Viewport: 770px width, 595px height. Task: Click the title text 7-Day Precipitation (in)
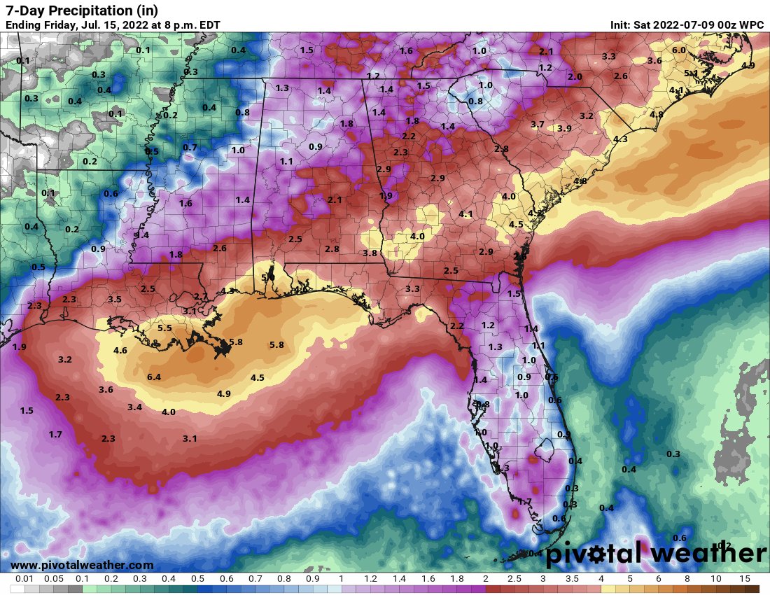(x=82, y=10)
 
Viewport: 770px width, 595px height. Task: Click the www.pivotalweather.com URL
(x=82, y=565)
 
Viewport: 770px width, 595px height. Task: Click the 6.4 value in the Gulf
(x=154, y=377)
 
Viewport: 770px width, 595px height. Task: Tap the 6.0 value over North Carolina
(x=678, y=50)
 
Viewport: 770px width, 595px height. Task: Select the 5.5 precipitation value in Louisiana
(x=165, y=328)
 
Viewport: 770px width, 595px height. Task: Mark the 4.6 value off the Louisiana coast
(x=120, y=351)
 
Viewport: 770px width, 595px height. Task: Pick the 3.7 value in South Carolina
(x=537, y=125)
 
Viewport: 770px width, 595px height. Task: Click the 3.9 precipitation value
(x=564, y=129)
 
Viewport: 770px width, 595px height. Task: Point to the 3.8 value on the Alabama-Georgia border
(x=370, y=253)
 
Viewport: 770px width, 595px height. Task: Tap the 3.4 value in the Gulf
(x=134, y=407)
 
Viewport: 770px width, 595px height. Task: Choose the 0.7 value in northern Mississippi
(x=190, y=148)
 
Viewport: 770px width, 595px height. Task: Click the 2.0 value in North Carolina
(x=575, y=77)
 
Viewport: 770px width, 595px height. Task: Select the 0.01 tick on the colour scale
(x=25, y=579)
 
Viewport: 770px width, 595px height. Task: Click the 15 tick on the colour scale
(x=744, y=579)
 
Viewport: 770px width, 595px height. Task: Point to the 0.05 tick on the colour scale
(x=54, y=579)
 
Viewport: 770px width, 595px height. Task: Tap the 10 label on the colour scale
(x=715, y=579)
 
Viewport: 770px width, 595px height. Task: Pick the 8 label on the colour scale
(x=687, y=579)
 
